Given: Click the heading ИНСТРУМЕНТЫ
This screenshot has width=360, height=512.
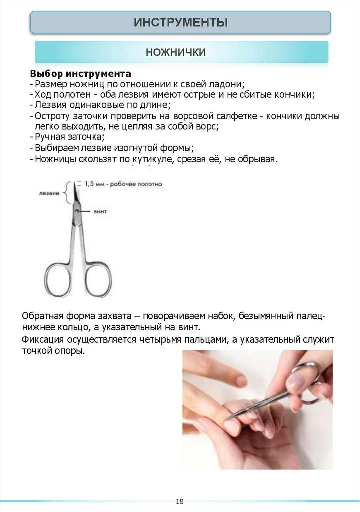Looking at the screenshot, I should pyautogui.click(x=180, y=22).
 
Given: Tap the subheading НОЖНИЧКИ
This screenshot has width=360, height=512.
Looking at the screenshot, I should pyautogui.click(x=175, y=52).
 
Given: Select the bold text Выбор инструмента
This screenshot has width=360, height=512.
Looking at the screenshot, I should pyautogui.click(x=80, y=74).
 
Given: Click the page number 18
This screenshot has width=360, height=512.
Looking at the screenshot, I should pyautogui.click(x=180, y=501).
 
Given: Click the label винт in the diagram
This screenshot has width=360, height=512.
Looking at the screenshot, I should pyautogui.click(x=100, y=212).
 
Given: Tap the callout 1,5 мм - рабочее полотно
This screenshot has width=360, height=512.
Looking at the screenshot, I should pyautogui.click(x=123, y=184).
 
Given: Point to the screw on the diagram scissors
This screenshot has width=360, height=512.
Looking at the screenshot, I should pyautogui.click(x=76, y=212).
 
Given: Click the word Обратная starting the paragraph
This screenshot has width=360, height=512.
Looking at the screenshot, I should pyautogui.click(x=43, y=317).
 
